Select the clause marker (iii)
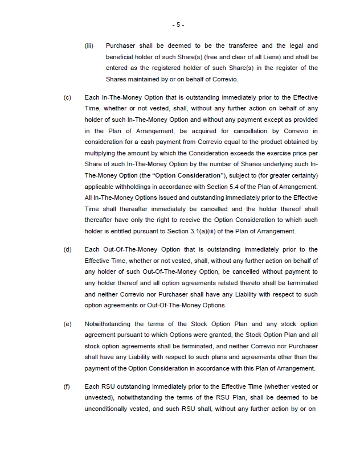[89, 46]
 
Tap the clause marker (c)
[67, 98]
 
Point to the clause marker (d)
[67, 249]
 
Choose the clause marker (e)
[67, 324]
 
